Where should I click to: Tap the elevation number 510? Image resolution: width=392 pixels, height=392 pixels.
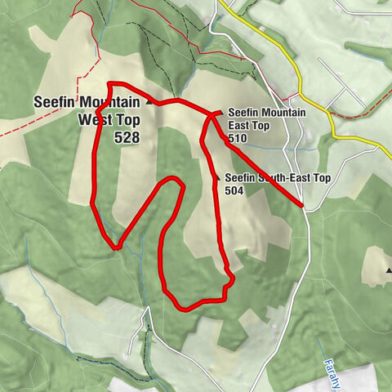coord(238,139)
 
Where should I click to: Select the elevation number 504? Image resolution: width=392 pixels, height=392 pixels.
coord(234,189)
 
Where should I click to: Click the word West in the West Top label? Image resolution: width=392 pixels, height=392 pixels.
coord(95,120)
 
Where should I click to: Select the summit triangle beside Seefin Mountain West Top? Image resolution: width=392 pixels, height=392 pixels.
coord(149,104)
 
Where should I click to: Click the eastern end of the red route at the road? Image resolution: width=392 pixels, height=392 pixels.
coord(302,204)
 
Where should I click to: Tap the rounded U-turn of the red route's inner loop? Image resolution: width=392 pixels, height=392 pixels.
coord(172,180)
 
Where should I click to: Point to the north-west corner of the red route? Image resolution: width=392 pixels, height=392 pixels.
coord(109,84)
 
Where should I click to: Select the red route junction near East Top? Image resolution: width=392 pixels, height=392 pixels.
coord(212,116)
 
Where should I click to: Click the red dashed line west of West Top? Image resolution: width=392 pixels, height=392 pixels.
coord(24,127)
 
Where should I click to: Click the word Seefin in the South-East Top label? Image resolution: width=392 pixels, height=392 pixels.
coord(240,177)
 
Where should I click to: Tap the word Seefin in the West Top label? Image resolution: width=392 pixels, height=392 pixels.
coord(55,103)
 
